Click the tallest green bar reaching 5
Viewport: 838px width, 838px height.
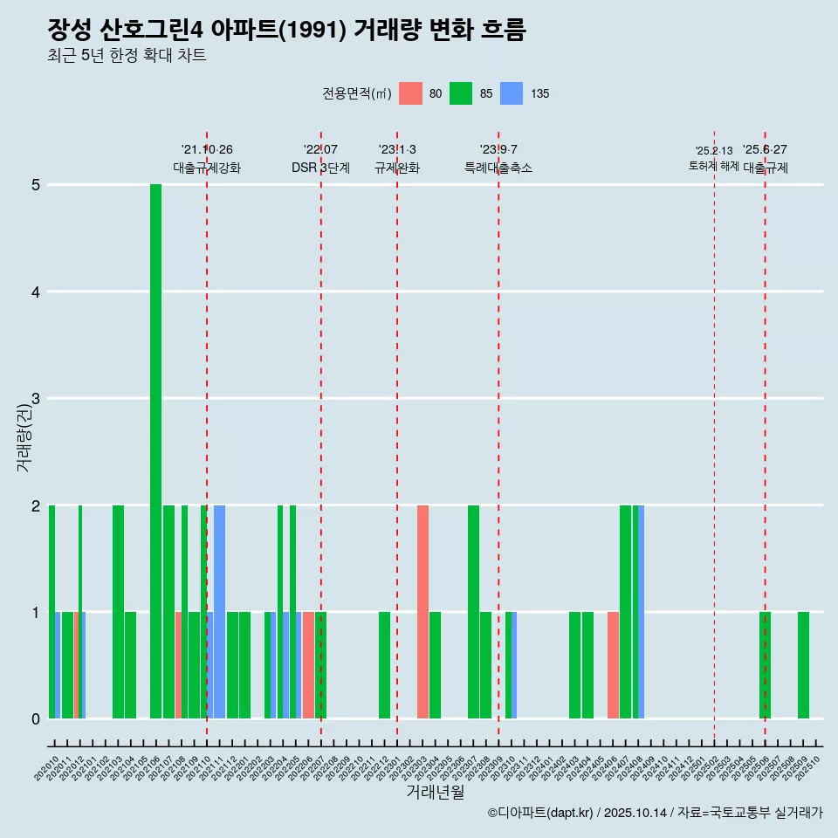[x=155, y=451]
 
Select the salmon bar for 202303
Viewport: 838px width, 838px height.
[x=422, y=612]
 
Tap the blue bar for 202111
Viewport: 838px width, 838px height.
[x=219, y=612]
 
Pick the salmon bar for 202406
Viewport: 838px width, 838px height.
[x=613, y=665]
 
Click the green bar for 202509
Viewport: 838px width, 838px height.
[x=803, y=665]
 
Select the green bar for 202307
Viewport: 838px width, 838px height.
[x=473, y=612]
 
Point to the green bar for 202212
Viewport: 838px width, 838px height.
[x=384, y=665]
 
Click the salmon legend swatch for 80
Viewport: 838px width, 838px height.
[x=410, y=93]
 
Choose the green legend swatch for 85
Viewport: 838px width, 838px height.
[x=461, y=93]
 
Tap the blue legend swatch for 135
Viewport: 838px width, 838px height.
[x=512, y=93]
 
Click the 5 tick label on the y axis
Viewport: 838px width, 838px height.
[x=36, y=185]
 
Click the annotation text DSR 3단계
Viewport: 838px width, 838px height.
[x=320, y=168]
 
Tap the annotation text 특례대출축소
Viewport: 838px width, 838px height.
[x=498, y=168]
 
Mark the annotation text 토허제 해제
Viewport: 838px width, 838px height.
[x=713, y=166]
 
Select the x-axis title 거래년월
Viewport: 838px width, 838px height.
[x=435, y=792]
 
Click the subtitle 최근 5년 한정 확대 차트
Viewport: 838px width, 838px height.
[x=127, y=56]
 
